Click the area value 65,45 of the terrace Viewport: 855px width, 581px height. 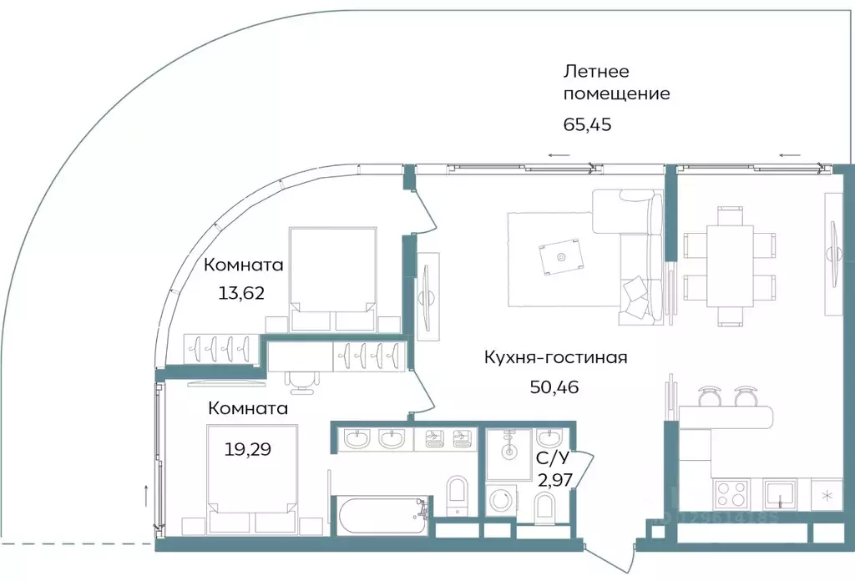click(x=594, y=125)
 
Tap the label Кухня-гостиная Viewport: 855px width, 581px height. click(x=555, y=357)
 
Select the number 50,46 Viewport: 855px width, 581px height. click(x=554, y=386)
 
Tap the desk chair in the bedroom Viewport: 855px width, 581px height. click(x=303, y=379)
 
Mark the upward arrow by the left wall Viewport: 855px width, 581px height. click(x=147, y=494)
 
